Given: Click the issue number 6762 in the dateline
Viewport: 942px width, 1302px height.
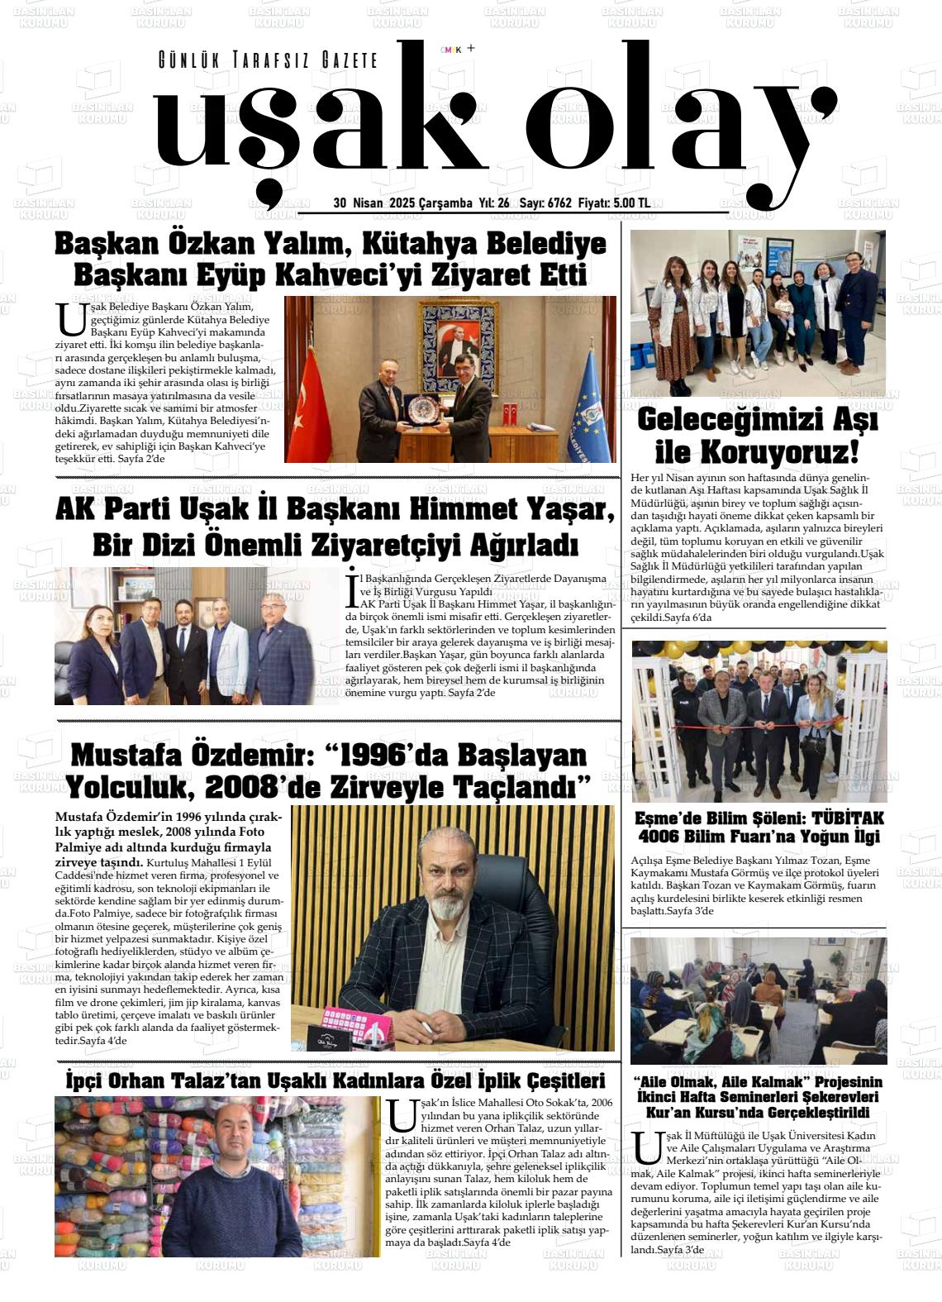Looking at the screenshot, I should (x=559, y=203).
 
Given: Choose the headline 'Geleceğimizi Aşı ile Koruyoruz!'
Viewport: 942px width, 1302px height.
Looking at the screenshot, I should (x=757, y=436).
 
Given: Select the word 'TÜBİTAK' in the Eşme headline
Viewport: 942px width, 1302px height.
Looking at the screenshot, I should (x=848, y=818).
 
